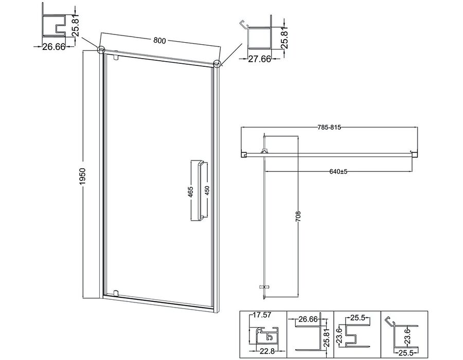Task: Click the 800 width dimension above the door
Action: pyautogui.click(x=160, y=41)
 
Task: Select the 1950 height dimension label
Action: pyautogui.click(x=82, y=176)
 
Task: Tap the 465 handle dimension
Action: pyautogui.click(x=190, y=192)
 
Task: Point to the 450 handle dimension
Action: pyautogui.click(x=207, y=191)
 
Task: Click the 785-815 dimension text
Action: pyautogui.click(x=329, y=128)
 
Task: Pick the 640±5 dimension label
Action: pyautogui.click(x=339, y=171)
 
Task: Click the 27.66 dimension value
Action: pyautogui.click(x=259, y=59)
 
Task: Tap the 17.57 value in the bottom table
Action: pyautogui.click(x=262, y=315)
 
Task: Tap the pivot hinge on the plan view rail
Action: pyautogui.click(x=264, y=151)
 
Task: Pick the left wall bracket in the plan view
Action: pyautogui.click(x=244, y=154)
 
